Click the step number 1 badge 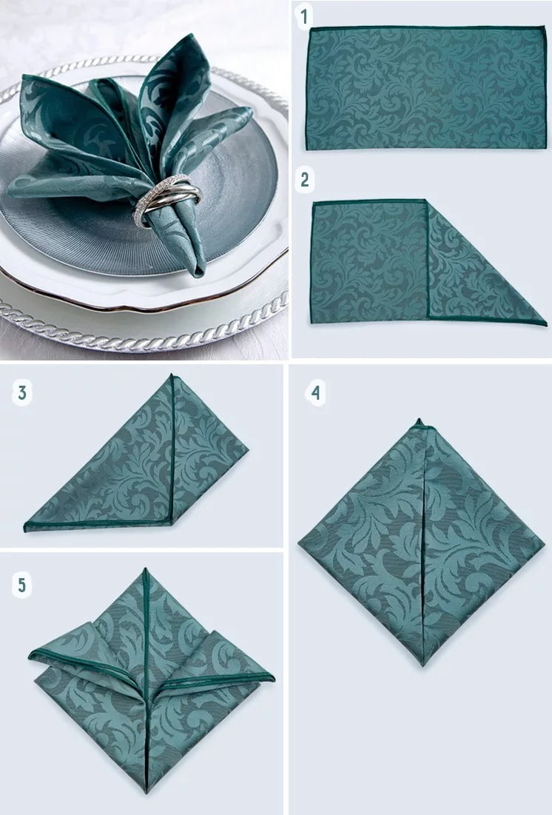pyautogui.click(x=304, y=16)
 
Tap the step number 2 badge pyautogui.click(x=304, y=180)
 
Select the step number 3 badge pyautogui.click(x=22, y=392)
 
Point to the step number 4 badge pyautogui.click(x=315, y=392)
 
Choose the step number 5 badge pyautogui.click(x=22, y=586)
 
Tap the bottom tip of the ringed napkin pyautogui.click(x=198, y=274)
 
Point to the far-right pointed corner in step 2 pyautogui.click(x=546, y=324)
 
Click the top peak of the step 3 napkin pyautogui.click(x=172, y=375)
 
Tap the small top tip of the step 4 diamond pyautogui.click(x=419, y=420)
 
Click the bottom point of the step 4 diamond pyautogui.click(x=423, y=665)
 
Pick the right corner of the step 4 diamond pyautogui.click(x=544, y=544)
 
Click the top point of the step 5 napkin pyautogui.click(x=146, y=569)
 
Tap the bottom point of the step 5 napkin pyautogui.click(x=147, y=792)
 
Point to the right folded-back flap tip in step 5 pyautogui.click(x=273, y=678)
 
